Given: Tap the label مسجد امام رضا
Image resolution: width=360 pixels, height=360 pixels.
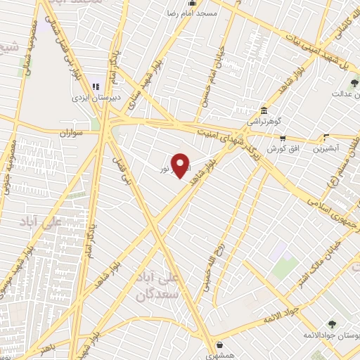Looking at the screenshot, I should [184, 13].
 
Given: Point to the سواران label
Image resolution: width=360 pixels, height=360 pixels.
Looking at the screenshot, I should [71, 131].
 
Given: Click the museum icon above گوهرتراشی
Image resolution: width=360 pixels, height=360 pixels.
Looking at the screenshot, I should [264, 111].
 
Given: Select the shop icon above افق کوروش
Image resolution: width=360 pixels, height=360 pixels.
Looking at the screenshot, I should [283, 139].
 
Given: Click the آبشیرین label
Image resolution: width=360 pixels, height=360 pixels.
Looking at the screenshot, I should [326, 148].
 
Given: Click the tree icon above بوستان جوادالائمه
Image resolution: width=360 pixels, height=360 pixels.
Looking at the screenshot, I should [331, 324].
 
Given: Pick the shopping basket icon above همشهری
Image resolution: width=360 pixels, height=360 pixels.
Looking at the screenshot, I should [221, 345].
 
